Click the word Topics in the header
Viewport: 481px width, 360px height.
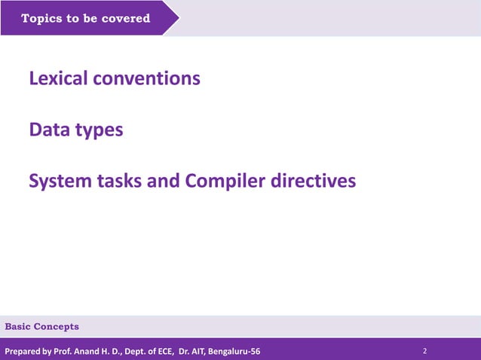[41, 18]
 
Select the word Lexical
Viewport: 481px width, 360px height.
[58, 78]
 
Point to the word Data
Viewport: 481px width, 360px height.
[49, 130]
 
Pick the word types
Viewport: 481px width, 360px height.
[99, 130]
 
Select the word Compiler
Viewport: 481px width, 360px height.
[225, 182]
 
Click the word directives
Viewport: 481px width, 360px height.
[313, 182]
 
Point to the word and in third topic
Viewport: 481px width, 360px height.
[163, 182]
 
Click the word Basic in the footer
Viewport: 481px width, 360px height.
[19, 326]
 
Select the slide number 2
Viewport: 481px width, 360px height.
[425, 351]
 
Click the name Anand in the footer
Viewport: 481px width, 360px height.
[87, 351]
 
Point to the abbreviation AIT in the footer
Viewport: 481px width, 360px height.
[195, 351]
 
